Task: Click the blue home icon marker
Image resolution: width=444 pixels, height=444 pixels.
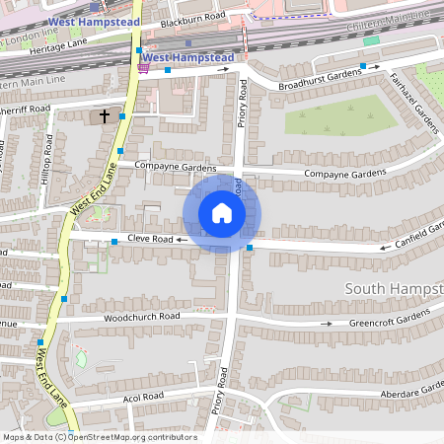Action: coord(221,213)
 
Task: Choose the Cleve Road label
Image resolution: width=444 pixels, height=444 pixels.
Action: coord(151,240)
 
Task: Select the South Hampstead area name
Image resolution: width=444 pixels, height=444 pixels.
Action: coord(395,288)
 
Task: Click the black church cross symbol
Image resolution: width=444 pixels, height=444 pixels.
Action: coord(105,116)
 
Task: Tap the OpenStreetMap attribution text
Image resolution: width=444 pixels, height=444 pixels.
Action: coord(99,437)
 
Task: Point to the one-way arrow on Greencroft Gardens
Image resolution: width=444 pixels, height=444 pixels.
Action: coord(326,323)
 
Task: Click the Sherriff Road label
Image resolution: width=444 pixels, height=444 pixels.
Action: coord(26,109)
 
